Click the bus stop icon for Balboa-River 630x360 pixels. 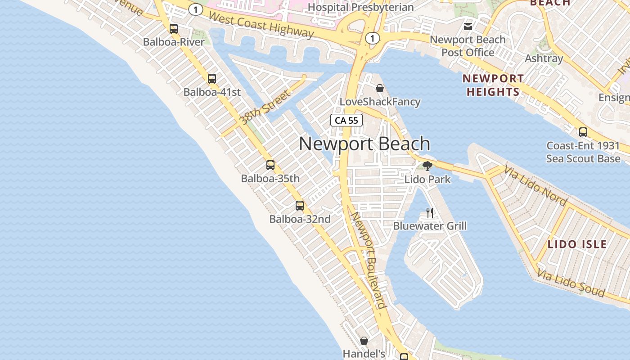(174, 29)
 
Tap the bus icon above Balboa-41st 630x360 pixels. (212, 79)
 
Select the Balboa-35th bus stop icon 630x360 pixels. (270, 165)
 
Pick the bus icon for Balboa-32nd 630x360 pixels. (300, 206)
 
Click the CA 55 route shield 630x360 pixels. (346, 120)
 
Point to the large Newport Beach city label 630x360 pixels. (364, 144)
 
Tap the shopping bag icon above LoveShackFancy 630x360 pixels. (380, 88)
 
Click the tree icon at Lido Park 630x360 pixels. (427, 166)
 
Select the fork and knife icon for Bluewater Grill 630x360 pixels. (430, 212)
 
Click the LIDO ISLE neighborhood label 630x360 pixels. (577, 244)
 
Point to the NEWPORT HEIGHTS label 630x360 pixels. (493, 85)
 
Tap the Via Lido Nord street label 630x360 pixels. (535, 185)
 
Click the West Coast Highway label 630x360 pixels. (261, 25)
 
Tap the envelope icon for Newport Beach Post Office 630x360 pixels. (468, 26)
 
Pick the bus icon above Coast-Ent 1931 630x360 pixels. (583, 132)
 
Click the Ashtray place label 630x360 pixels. (544, 58)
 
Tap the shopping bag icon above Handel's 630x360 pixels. (364, 341)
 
